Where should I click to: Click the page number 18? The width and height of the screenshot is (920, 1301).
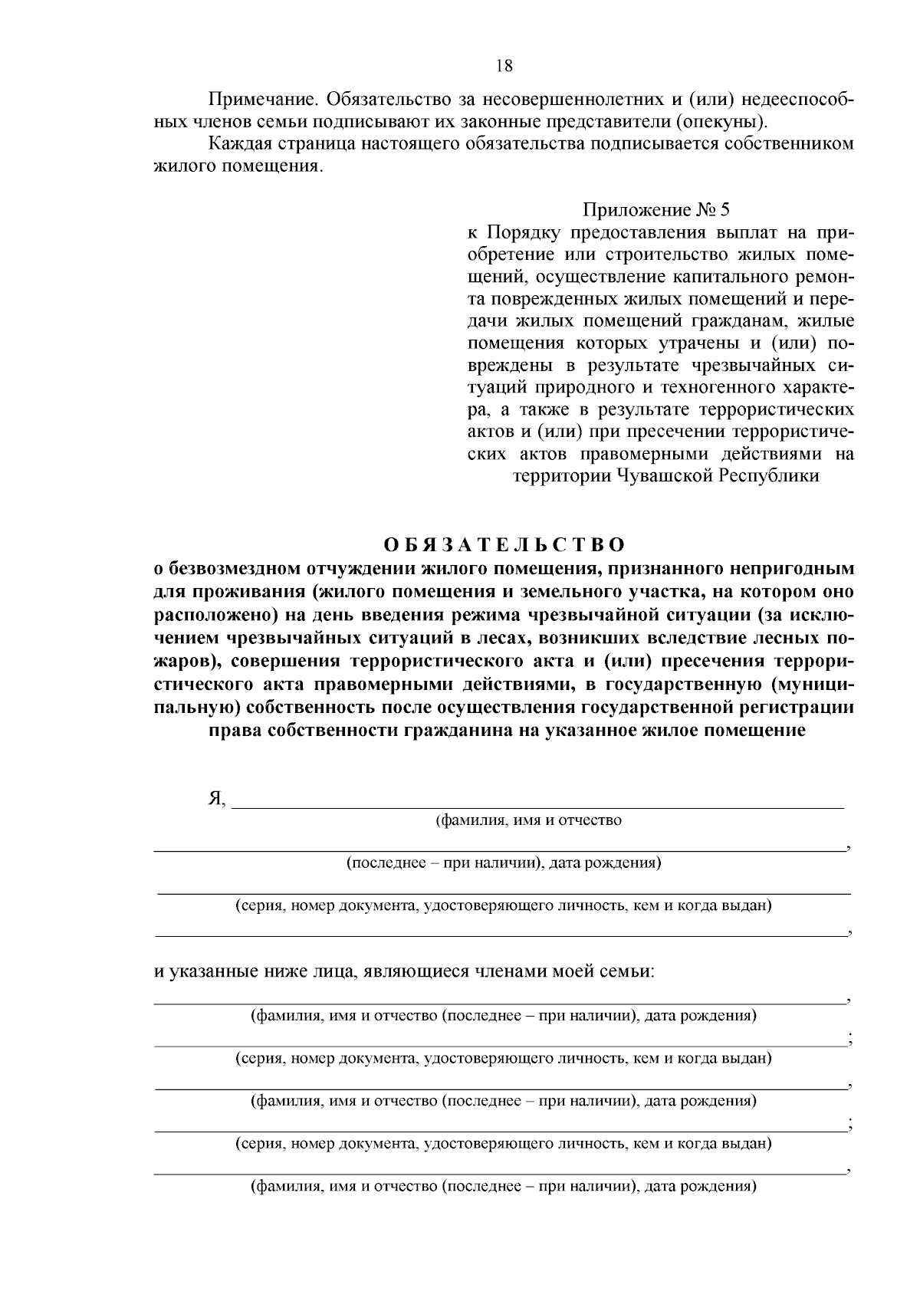(504, 66)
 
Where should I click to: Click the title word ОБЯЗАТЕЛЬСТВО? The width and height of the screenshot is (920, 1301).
(504, 545)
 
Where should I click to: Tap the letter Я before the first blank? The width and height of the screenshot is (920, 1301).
(216, 799)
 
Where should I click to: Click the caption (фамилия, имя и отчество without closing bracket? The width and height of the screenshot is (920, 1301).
(529, 820)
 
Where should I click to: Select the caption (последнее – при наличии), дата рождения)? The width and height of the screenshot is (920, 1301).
(504, 863)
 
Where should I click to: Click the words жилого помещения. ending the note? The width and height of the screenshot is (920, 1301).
(236, 166)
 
